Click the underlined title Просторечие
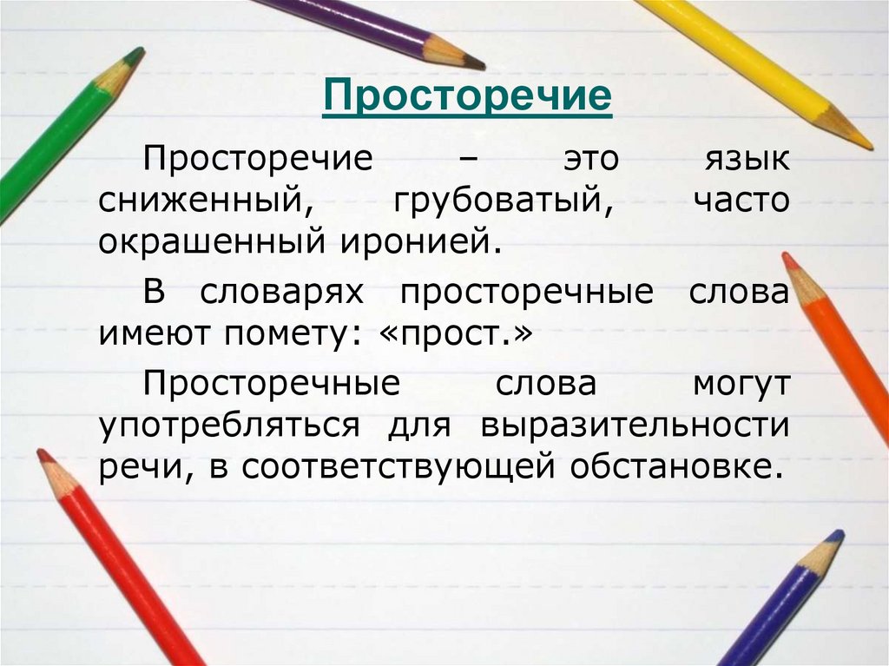[468, 96]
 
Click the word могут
[741, 385]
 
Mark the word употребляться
[229, 426]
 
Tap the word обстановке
[671, 467]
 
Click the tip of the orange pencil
[787, 257]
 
